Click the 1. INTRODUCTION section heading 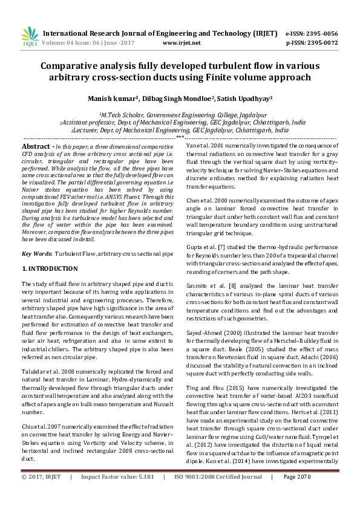(x=50, y=268)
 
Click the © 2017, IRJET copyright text (x=42, y=494)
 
